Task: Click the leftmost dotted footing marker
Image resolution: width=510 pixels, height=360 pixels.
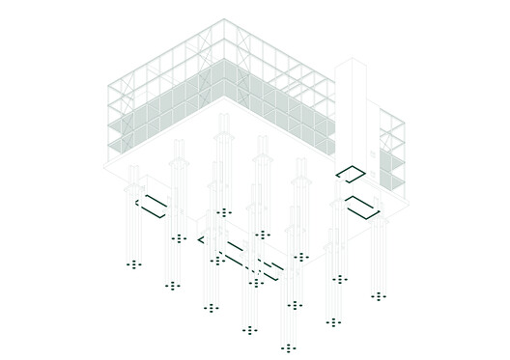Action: [133, 263]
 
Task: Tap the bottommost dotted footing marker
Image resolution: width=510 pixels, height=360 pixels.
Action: [288, 347]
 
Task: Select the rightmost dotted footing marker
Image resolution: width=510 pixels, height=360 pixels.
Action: [379, 296]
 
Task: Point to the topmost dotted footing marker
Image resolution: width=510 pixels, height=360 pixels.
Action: [224, 212]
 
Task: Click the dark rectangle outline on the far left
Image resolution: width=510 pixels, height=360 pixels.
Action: [152, 206]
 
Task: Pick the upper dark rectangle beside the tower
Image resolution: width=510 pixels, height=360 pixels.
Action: [350, 174]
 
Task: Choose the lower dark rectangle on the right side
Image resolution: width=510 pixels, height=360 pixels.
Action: [362, 207]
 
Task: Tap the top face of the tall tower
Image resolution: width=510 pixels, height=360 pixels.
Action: [351, 64]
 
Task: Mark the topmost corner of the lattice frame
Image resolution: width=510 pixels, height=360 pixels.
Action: [224, 18]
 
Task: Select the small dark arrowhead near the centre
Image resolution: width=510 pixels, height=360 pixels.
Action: [202, 238]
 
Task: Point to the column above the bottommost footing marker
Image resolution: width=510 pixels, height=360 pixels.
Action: [288, 290]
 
